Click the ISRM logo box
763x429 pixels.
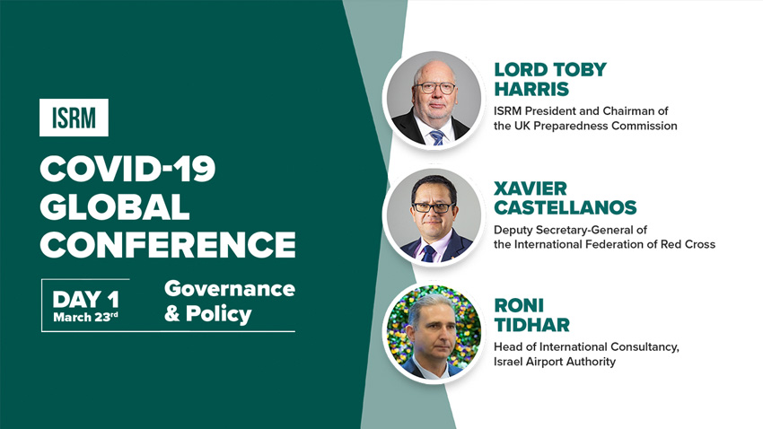[74, 118]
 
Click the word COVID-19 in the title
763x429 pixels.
[127, 170]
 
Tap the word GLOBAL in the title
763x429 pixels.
[114, 206]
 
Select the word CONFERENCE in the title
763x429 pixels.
[168, 244]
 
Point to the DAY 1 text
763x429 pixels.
[85, 300]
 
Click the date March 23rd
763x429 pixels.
[85, 317]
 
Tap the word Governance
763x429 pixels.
[230, 289]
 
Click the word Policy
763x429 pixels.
[218, 314]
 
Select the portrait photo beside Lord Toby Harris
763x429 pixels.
[434, 101]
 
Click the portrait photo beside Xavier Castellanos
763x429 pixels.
[434, 217]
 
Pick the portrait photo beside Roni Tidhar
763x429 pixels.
[434, 334]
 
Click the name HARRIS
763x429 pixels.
[531, 90]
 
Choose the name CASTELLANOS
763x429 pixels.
[566, 207]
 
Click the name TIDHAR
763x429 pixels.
[532, 325]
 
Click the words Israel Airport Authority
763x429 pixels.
[555, 362]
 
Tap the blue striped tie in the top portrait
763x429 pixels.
[437, 137]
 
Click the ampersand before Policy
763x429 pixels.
[171, 314]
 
